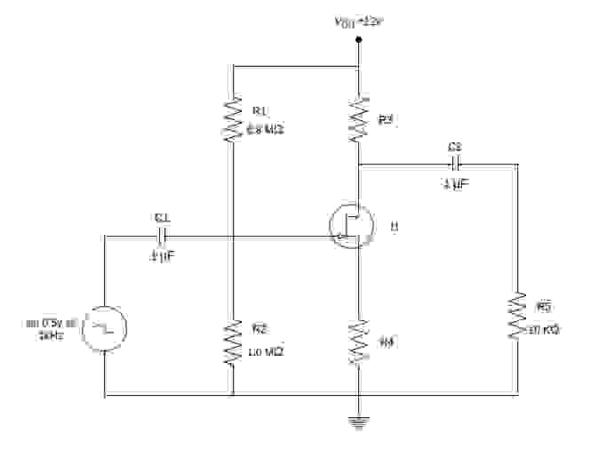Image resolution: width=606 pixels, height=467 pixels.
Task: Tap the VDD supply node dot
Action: (358, 65)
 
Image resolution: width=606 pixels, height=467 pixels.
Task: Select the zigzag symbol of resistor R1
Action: (232, 120)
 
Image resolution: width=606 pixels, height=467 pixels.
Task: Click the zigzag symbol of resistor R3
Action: (358, 120)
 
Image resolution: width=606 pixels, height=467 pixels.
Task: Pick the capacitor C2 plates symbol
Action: (455, 164)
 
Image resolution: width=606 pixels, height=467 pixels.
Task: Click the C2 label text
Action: (455, 146)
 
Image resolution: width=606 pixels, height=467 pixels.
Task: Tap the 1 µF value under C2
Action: (455, 183)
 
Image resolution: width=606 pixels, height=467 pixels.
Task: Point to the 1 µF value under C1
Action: (163, 256)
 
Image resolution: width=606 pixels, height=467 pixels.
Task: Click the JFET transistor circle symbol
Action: (350, 225)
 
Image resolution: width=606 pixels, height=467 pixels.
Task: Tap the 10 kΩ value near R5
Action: (544, 330)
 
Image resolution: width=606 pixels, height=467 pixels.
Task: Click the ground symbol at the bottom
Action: (358, 422)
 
